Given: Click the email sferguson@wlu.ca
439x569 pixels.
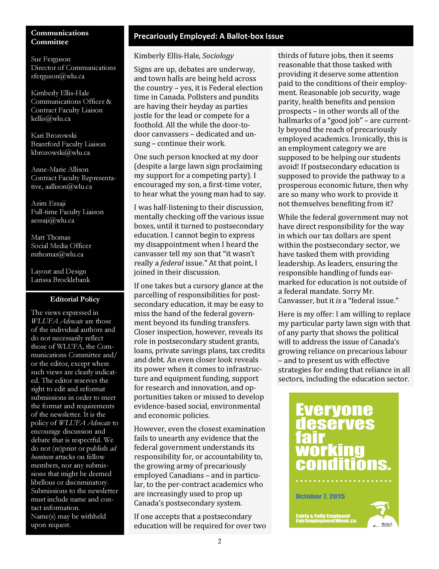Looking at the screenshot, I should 58,76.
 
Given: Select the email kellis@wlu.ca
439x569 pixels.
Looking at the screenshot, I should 51,119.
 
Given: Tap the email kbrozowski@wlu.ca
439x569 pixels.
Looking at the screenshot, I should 60,153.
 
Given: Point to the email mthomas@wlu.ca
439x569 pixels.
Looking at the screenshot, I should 57,254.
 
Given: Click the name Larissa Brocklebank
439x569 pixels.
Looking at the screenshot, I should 60,280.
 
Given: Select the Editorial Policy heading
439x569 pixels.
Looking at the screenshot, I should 75,299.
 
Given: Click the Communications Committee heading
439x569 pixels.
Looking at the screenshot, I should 60,37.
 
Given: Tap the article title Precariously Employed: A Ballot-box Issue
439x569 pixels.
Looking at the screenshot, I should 209,36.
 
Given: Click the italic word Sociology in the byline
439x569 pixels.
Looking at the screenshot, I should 218,56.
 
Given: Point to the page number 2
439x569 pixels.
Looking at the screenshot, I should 219,541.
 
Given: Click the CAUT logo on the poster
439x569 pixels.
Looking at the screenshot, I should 386,524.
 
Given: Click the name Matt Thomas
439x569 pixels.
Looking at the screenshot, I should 51,237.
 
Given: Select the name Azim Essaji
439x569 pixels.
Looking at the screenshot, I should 48,203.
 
